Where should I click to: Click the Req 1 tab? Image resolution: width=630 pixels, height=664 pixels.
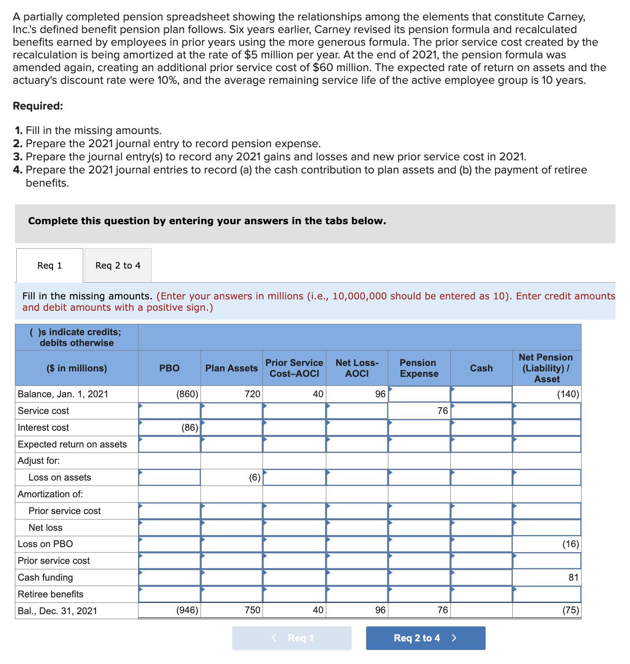[50, 265]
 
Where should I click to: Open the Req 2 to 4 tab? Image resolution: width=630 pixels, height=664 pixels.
[118, 265]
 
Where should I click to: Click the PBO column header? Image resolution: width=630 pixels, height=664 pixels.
[169, 368]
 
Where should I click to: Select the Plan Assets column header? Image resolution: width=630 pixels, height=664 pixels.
[231, 368]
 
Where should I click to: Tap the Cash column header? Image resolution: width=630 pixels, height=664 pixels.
[481, 368]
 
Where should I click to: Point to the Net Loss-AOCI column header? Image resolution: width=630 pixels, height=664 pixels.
[357, 368]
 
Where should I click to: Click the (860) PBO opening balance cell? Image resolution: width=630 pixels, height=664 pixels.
[169, 394]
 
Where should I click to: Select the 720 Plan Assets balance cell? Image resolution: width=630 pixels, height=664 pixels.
[231, 394]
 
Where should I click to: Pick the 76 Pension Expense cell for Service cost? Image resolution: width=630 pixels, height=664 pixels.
[419, 411]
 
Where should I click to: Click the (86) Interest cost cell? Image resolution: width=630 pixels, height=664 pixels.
[169, 428]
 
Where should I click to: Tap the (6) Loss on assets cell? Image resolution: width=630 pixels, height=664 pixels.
[231, 477]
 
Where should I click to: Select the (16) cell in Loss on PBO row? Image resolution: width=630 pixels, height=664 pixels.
[547, 544]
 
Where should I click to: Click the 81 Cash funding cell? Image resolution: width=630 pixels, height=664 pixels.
[547, 577]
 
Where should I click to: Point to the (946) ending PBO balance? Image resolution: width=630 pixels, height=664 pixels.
[169, 611]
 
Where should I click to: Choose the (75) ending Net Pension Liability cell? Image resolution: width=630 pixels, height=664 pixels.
[547, 611]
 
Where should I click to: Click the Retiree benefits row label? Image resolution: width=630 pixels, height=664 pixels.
[51, 594]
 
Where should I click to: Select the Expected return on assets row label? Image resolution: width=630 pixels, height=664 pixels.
[72, 444]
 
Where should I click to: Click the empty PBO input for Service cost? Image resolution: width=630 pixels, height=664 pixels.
[169, 411]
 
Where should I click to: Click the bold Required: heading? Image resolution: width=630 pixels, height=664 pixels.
[38, 106]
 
